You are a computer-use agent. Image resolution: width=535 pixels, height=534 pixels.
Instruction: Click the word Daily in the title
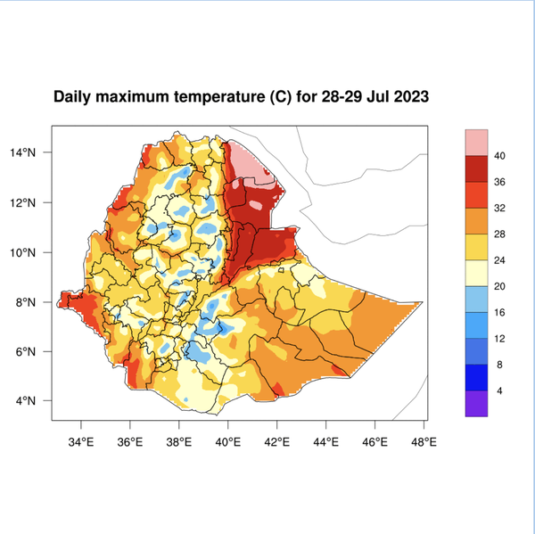click(x=73, y=96)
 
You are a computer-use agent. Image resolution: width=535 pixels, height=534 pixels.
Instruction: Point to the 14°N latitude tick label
click(x=32, y=152)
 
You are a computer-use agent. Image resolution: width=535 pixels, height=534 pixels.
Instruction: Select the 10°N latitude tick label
click(x=32, y=252)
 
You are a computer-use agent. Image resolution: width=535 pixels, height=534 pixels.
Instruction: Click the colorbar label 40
click(x=500, y=156)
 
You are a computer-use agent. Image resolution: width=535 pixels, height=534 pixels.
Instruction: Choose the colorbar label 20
click(x=500, y=286)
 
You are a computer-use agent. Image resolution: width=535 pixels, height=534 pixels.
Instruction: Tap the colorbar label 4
click(x=500, y=390)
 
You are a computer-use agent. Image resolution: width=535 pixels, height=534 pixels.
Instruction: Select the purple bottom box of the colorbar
click(x=476, y=403)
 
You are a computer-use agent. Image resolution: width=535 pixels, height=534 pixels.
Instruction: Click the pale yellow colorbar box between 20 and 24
click(x=476, y=273)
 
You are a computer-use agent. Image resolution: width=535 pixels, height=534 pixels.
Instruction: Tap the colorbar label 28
click(x=500, y=234)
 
